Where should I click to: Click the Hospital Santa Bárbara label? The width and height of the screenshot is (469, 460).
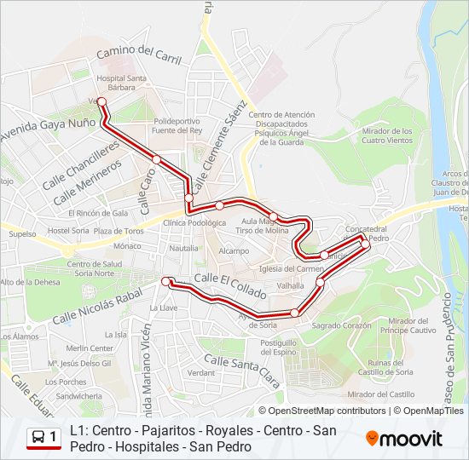[122, 82]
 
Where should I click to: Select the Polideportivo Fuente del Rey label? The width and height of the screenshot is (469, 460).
[178, 125]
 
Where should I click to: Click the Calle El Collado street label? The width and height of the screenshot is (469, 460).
[224, 279]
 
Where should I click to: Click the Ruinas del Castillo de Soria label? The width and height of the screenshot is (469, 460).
[385, 367]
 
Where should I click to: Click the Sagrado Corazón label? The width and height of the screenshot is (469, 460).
[342, 325]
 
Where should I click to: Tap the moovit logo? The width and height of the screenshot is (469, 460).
[404, 438]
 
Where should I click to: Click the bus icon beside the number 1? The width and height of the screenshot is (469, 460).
[39, 437]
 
